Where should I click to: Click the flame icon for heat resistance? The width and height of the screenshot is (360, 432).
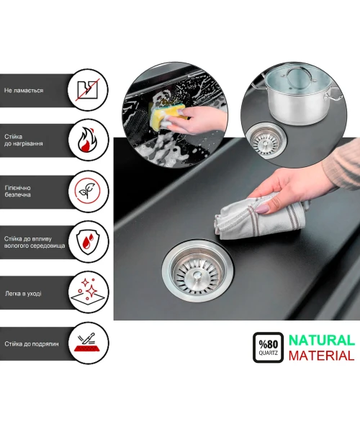click(87, 140)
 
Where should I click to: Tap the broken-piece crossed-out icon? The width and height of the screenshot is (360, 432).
click(88, 89)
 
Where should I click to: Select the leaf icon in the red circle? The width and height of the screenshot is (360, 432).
click(88, 191)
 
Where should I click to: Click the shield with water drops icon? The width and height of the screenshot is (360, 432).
click(88, 242)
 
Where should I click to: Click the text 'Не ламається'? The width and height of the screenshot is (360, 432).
click(24, 91)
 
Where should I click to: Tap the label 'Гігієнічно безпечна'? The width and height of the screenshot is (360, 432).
click(17, 192)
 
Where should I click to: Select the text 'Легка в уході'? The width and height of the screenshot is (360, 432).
click(23, 294)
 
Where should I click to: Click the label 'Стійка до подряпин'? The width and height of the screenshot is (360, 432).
click(32, 344)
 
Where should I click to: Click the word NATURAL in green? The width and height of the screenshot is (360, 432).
click(321, 341)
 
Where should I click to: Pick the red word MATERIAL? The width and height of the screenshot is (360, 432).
click(321, 356)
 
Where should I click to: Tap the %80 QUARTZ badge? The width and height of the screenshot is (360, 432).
click(268, 348)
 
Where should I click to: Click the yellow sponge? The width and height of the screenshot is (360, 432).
click(167, 116)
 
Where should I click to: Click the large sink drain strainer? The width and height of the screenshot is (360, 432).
click(197, 271)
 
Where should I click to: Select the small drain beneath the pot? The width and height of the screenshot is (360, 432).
click(266, 141)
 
